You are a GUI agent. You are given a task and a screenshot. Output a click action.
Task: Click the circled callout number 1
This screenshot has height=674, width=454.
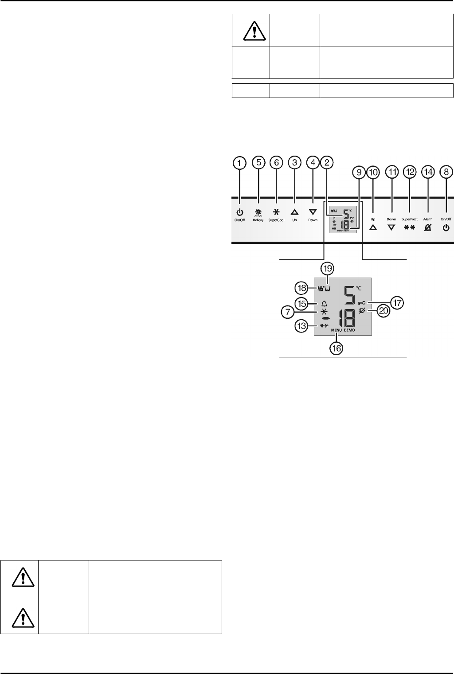(x=239, y=163)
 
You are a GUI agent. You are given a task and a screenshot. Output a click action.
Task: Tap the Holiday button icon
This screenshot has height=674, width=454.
(x=258, y=212)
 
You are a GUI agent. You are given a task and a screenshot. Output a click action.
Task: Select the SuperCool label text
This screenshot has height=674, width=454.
(x=276, y=220)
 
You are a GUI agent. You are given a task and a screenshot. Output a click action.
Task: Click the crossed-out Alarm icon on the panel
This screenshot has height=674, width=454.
(x=428, y=227)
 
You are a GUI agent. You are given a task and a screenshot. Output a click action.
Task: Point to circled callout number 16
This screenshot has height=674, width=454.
(x=337, y=348)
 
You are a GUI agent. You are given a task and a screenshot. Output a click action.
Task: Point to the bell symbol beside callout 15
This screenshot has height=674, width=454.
(x=324, y=304)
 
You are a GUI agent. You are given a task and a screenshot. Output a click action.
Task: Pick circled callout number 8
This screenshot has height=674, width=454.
(x=446, y=172)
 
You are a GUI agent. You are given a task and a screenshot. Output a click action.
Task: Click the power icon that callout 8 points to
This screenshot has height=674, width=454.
(x=446, y=227)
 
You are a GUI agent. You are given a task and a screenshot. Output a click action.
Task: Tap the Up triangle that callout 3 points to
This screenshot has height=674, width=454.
(x=294, y=212)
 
